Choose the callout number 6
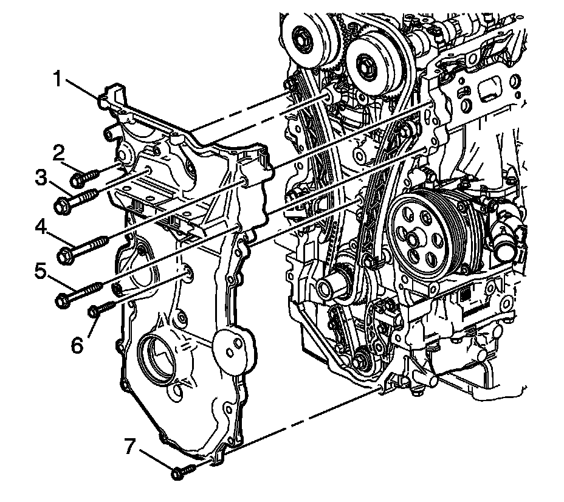tap(77, 345)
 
